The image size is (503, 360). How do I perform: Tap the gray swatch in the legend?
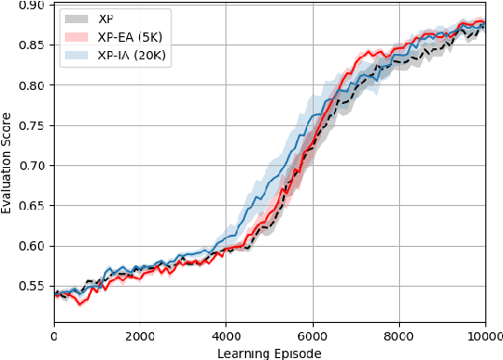tap(76, 19)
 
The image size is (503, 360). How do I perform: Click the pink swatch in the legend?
tap(76, 37)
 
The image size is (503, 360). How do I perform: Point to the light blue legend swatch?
tap(76, 55)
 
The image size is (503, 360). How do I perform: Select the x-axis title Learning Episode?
tap(269, 353)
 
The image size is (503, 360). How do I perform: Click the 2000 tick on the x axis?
tap(140, 336)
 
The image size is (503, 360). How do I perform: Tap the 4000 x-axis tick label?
tap(226, 336)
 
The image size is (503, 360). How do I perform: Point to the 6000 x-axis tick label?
tap(313, 336)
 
